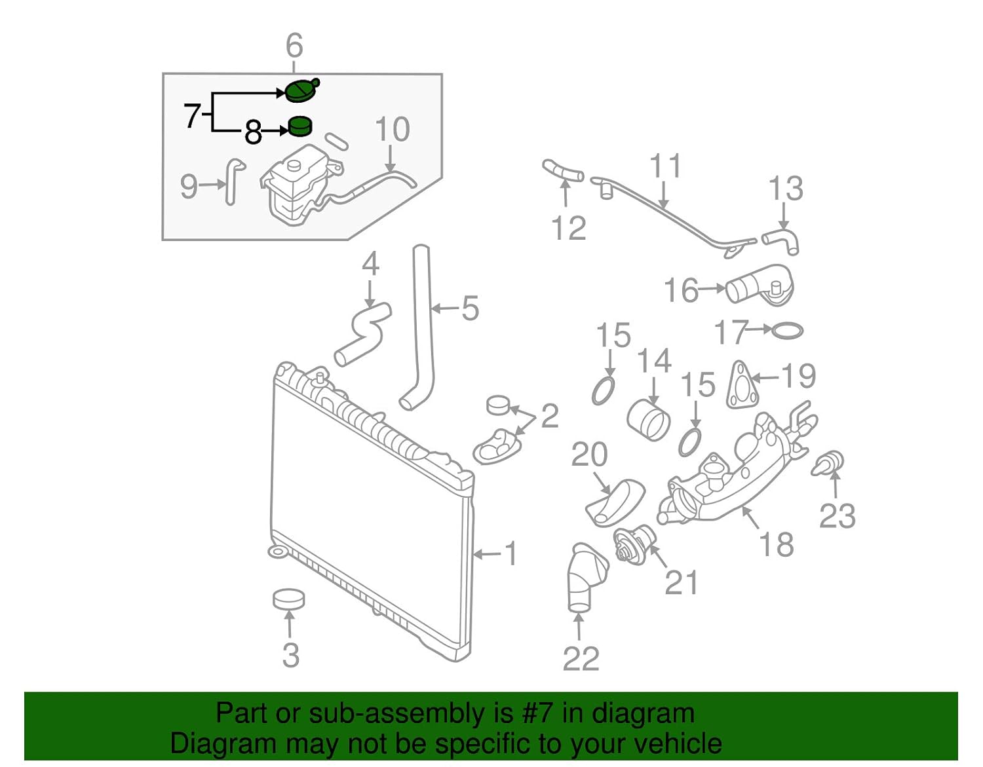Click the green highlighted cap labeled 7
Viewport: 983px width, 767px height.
point(301,90)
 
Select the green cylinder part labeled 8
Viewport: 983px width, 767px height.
point(300,126)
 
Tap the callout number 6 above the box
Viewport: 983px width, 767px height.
point(294,46)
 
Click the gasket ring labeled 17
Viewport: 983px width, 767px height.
point(786,331)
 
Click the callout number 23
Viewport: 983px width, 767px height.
point(837,516)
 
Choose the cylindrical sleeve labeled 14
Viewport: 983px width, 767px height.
point(648,419)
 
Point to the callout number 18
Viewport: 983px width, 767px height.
point(777,544)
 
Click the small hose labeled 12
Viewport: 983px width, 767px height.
point(562,170)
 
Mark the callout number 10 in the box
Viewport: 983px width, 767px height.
point(392,130)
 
